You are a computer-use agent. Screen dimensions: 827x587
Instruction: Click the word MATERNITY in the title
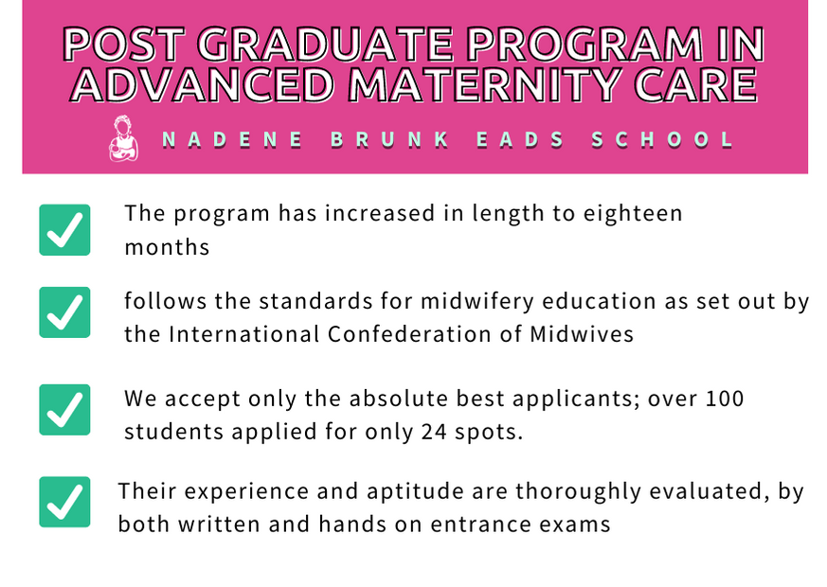[x=484, y=84]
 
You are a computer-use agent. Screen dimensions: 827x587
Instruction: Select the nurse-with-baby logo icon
[x=123, y=138]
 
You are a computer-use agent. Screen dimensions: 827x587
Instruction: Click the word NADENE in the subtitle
[x=232, y=139]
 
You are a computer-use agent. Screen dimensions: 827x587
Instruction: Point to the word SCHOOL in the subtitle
[x=662, y=139]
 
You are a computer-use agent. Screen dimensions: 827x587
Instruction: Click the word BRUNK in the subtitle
[x=390, y=139]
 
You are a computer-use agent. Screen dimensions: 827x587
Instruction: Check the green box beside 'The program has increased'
[x=64, y=230]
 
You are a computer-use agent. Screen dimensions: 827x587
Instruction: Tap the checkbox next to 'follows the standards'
[x=64, y=311]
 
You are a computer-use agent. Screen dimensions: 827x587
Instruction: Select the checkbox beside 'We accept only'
[x=64, y=409]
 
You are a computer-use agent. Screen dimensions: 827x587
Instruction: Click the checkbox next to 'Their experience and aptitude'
[x=64, y=502]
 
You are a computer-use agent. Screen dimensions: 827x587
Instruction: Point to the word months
[x=167, y=247]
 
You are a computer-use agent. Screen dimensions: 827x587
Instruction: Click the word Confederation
[x=409, y=334]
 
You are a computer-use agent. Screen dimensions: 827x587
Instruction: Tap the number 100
[x=725, y=399]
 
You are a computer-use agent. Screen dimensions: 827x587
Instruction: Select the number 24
[x=434, y=432]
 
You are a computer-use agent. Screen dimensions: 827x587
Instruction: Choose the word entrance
[x=481, y=525]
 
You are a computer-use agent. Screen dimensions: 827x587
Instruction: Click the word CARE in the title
[x=696, y=84]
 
